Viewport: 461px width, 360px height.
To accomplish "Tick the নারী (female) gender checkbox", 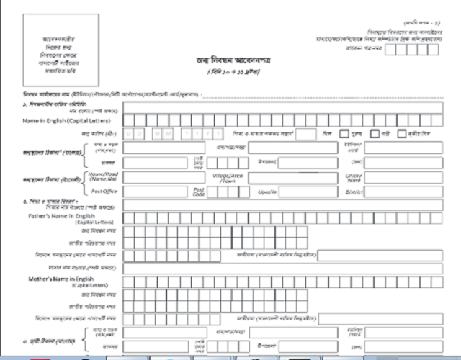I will point(375,134).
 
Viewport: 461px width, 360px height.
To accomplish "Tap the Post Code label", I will point(199,192).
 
